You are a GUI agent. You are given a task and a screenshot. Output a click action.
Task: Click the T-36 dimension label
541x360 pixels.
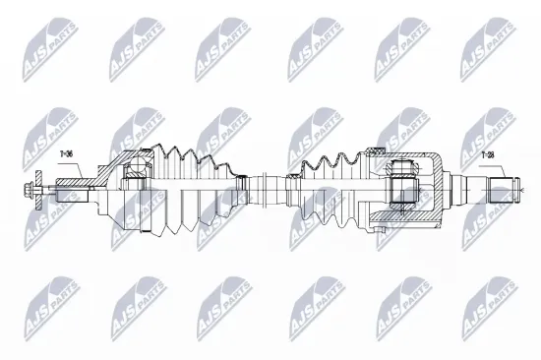68,154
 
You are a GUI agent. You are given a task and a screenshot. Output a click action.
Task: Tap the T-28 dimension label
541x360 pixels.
488,155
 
